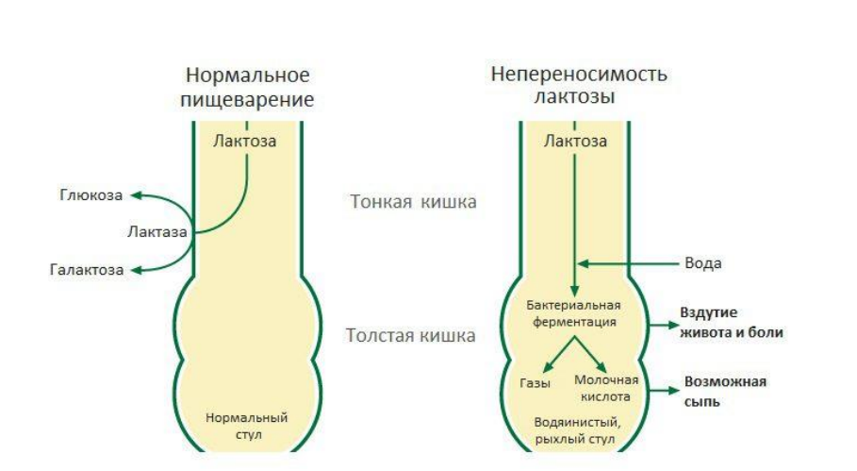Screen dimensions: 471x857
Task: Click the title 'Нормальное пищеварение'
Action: pyautogui.click(x=248, y=87)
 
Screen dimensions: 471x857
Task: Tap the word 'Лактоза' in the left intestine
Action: pyautogui.click(x=244, y=142)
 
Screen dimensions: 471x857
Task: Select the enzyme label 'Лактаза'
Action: pyautogui.click(x=156, y=231)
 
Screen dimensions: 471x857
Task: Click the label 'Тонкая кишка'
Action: pyautogui.click(x=413, y=202)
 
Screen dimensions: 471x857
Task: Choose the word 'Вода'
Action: pyautogui.click(x=705, y=263)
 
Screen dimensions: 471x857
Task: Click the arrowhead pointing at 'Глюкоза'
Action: pyautogui.click(x=135, y=195)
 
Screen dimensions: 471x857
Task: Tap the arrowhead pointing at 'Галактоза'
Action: pyautogui.click(x=135, y=270)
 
